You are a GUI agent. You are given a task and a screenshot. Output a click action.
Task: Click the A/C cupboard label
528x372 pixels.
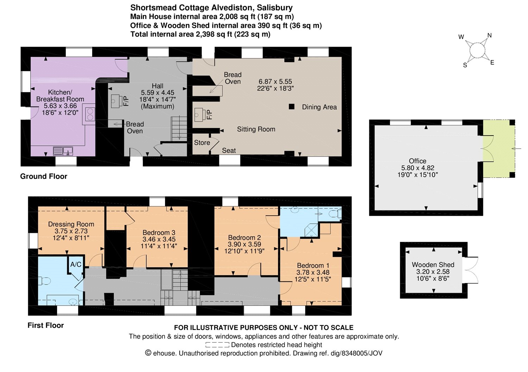point(76,265)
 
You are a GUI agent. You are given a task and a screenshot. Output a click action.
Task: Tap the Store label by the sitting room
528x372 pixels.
point(202,143)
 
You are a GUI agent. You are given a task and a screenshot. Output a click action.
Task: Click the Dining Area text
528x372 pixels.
point(319,107)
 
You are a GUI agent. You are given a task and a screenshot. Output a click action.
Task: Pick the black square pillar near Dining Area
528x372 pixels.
point(291,106)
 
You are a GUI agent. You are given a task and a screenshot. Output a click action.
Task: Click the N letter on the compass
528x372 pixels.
point(490,35)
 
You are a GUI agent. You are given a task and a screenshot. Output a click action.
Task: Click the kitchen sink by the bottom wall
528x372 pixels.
point(63,151)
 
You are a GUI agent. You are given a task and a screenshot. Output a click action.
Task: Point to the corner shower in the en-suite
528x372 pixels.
point(312,230)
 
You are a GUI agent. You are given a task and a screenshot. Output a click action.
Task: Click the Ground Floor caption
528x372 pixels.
point(44,176)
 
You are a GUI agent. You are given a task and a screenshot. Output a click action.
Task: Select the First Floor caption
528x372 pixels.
point(46,325)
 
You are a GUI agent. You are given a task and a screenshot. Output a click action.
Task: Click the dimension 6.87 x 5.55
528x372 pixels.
point(275,81)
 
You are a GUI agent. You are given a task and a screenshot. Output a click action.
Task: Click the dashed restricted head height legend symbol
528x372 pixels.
point(217,345)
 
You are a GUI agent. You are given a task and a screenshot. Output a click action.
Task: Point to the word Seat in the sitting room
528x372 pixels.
point(229,151)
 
